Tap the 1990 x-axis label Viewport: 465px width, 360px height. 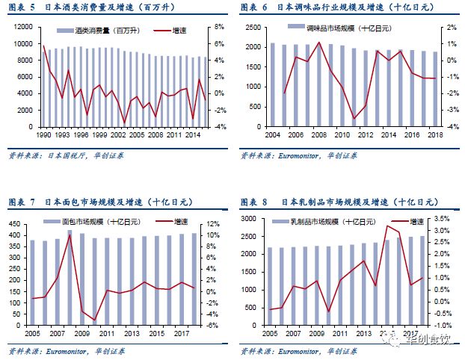(43, 134)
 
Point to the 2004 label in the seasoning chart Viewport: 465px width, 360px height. (272, 134)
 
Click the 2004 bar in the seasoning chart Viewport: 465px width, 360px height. (272, 84)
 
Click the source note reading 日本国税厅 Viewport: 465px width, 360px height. (65, 155)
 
